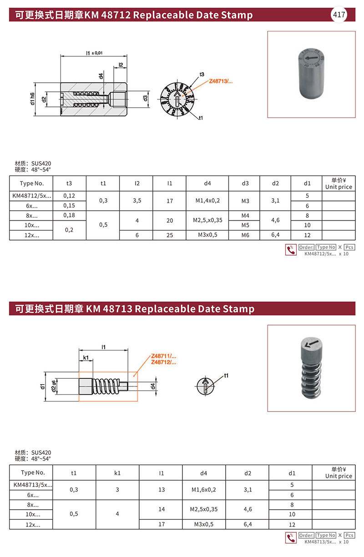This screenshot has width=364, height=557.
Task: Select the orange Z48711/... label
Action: pyautogui.click(x=163, y=356)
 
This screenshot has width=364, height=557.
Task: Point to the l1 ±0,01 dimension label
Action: pyautogui.click(x=95, y=53)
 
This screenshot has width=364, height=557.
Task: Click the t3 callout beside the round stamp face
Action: pyautogui.click(x=202, y=74)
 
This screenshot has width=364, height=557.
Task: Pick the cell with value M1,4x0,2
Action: pyautogui.click(x=207, y=201)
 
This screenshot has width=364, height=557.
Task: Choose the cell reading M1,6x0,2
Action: pyautogui.click(x=204, y=490)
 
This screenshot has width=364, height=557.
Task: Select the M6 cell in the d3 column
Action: pyautogui.click(x=245, y=236)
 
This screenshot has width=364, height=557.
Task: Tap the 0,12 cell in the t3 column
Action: pyautogui.click(x=69, y=196)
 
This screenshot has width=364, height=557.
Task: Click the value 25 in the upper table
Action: pyautogui.click(x=169, y=236)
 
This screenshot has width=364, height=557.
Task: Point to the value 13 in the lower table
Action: pyautogui.click(x=161, y=490)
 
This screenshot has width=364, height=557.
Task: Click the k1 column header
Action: pyautogui.click(x=117, y=473)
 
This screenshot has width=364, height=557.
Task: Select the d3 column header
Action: pyautogui.click(x=245, y=183)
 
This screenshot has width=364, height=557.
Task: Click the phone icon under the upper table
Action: pyautogui.click(x=290, y=250)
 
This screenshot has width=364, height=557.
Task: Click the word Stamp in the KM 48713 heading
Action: pyautogui.click(x=238, y=309)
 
